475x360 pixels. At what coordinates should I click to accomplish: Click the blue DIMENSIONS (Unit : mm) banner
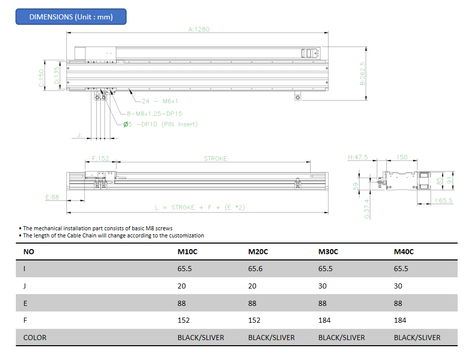pyautogui.click(x=71, y=17)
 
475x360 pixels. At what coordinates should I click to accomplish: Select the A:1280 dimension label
pyautogui.click(x=199, y=29)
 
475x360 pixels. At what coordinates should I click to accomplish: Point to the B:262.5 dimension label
pyautogui.click(x=362, y=74)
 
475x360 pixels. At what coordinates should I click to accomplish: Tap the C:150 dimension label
pyautogui.click(x=41, y=78)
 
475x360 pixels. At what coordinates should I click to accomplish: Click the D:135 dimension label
pyautogui.click(x=56, y=76)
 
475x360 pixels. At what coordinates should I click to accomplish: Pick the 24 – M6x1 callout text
pyautogui.click(x=160, y=101)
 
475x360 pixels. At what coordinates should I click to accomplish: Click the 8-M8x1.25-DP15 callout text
pyautogui.click(x=154, y=113)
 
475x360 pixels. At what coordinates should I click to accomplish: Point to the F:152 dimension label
pyautogui.click(x=101, y=158)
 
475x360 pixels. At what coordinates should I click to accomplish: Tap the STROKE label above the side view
pyautogui.click(x=216, y=159)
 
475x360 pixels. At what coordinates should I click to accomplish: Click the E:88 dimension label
pyautogui.click(x=52, y=197)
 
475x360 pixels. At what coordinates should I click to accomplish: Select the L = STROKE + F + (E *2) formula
pyautogui.click(x=200, y=207)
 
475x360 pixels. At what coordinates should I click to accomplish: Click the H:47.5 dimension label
pyautogui.click(x=358, y=157)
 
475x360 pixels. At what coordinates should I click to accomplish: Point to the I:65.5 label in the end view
pyautogui.click(x=443, y=201)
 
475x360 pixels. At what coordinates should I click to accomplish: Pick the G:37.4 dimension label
pyautogui.click(x=367, y=209)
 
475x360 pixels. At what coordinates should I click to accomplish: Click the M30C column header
pyautogui.click(x=328, y=252)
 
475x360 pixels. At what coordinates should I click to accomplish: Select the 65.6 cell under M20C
pyautogui.click(x=255, y=269)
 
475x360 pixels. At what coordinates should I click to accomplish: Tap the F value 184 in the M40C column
pyautogui.click(x=400, y=320)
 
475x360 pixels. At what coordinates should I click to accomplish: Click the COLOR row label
pyautogui.click(x=35, y=338)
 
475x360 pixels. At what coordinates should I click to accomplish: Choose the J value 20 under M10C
pyautogui.click(x=182, y=286)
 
